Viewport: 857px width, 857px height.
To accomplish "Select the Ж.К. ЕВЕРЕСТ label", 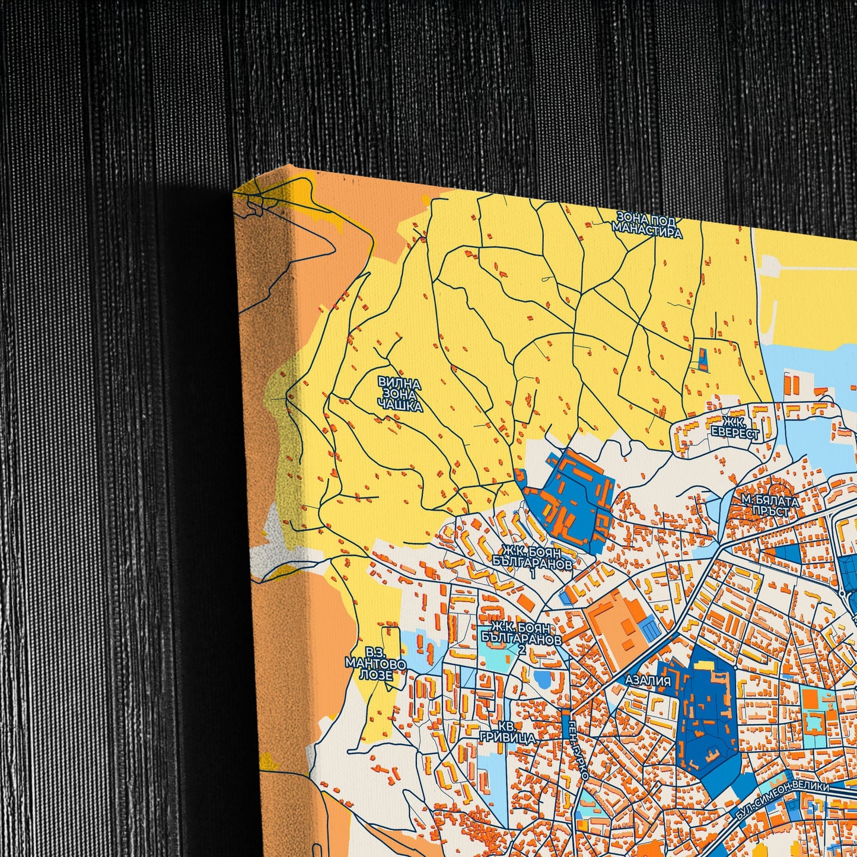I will coord(735,428).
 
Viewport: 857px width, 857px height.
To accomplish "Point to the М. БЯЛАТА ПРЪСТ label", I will coord(770,506).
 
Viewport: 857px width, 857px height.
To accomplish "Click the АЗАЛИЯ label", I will coord(648,681).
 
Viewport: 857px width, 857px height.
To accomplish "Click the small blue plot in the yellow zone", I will coord(703,359).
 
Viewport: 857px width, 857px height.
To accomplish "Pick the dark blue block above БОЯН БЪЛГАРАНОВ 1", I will coord(569,498).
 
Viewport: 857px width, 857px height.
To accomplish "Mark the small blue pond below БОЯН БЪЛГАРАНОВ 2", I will coord(543,678).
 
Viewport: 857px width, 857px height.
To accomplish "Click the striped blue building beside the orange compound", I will coord(651,630).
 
